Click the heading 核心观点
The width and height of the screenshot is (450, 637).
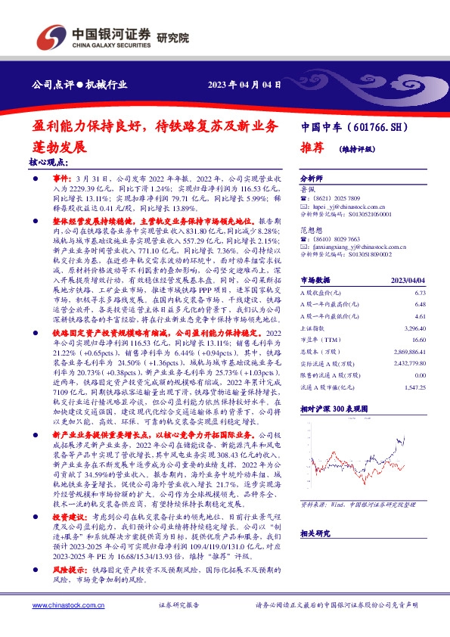(48, 162)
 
